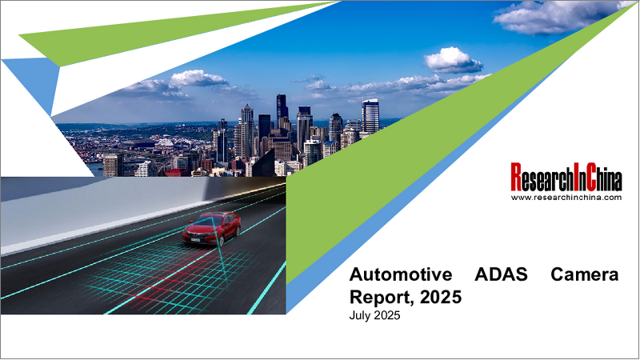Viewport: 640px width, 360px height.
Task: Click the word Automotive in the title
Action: (398, 275)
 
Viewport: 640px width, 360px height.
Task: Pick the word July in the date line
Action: (362, 316)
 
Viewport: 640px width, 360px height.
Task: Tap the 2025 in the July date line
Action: (388, 316)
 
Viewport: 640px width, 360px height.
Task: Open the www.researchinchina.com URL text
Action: (566, 197)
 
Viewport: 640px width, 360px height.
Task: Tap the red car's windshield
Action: (206, 220)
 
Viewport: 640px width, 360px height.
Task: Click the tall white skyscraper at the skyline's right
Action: (370, 116)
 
